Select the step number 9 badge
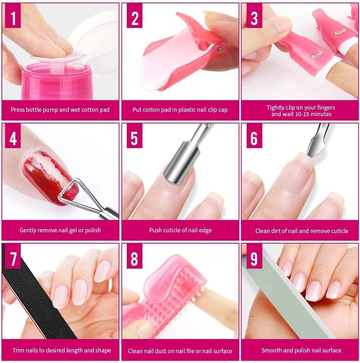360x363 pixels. coord(254,258)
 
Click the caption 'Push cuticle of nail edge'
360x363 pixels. coord(180,230)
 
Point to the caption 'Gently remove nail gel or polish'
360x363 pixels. coord(60,231)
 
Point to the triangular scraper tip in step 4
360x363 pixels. coord(68,190)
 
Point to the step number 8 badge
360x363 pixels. coord(134,258)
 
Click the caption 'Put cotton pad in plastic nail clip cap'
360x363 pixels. coord(180,110)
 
